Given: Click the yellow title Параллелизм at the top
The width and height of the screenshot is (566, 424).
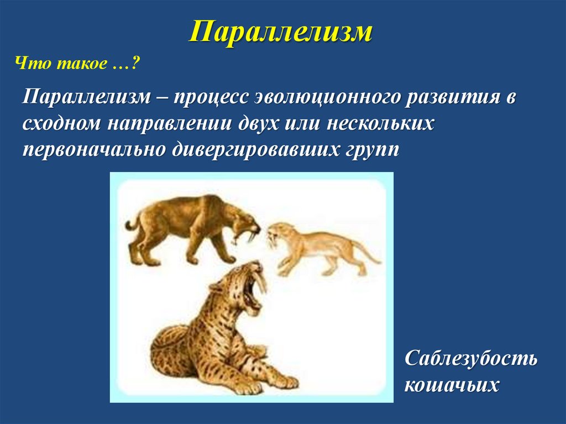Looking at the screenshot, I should pos(281,32).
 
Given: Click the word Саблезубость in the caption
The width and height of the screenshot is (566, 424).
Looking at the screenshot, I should pos(470,358).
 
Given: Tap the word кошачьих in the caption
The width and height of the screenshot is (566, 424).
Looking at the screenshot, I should pos(452,384).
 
